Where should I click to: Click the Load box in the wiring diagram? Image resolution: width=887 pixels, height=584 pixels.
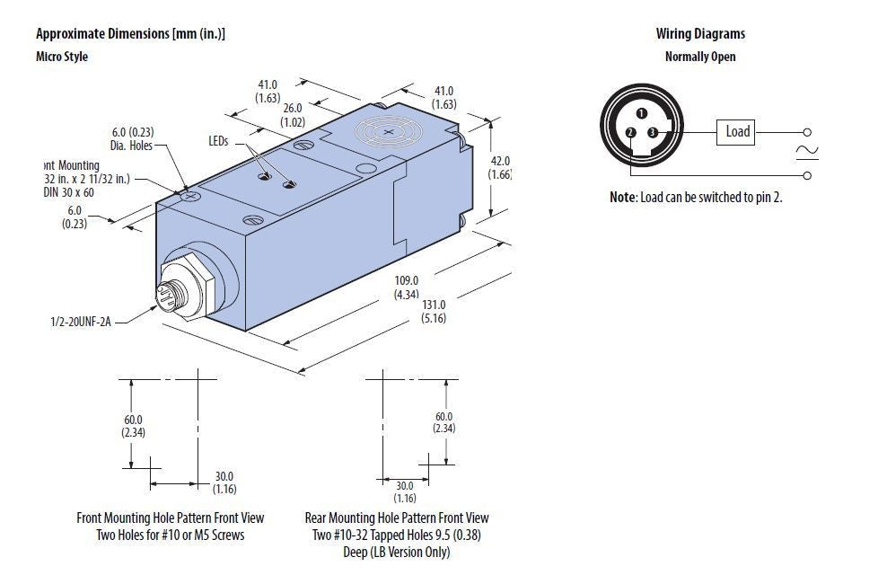point(737,132)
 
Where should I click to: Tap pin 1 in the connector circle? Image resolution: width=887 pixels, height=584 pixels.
point(641,113)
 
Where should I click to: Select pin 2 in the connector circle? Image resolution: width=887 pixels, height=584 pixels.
point(630,133)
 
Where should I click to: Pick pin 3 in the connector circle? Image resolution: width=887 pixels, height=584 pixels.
point(653,133)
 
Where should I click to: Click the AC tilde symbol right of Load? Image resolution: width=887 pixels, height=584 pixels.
point(807,153)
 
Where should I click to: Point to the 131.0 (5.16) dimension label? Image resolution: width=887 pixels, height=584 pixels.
point(434,311)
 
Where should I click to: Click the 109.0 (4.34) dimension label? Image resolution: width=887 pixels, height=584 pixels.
point(408,287)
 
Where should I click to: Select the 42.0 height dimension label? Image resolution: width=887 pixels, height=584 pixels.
point(499,168)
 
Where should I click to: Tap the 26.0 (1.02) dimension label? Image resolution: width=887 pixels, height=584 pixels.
point(293,114)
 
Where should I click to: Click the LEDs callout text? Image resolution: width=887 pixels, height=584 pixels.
point(219,142)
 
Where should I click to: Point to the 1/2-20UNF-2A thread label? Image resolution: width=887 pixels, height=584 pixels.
point(82,320)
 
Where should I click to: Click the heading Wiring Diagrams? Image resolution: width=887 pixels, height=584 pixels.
point(700,34)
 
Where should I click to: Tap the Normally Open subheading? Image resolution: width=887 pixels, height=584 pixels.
point(700,57)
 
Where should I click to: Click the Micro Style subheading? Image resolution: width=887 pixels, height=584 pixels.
point(62,57)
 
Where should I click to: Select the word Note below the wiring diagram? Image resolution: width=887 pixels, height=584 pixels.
point(622,197)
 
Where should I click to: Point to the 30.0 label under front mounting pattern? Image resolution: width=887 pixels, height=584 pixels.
point(224,482)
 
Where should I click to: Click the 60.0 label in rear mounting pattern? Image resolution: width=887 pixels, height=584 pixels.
point(443,422)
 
